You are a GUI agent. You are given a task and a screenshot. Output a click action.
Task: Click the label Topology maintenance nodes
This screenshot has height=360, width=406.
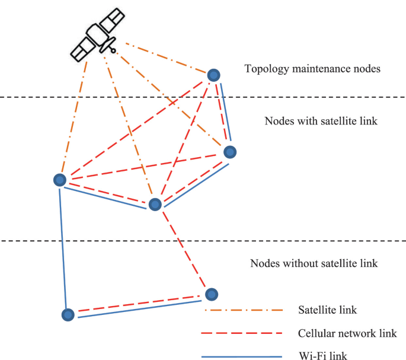click(312, 69)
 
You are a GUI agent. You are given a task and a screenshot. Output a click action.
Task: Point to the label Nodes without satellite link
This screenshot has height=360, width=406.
click(314, 263)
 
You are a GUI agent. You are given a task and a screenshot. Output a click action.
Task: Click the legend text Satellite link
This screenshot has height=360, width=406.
click(328, 310)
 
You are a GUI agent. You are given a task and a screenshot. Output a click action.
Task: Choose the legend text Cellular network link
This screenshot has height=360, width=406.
click(347, 333)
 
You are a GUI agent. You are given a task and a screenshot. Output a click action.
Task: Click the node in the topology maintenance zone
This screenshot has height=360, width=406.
click(215, 75)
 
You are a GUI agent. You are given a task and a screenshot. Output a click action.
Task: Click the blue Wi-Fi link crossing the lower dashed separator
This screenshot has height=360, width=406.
click(63, 241)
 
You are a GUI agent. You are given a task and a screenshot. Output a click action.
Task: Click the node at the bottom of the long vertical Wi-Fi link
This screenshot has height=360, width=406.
click(69, 315)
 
